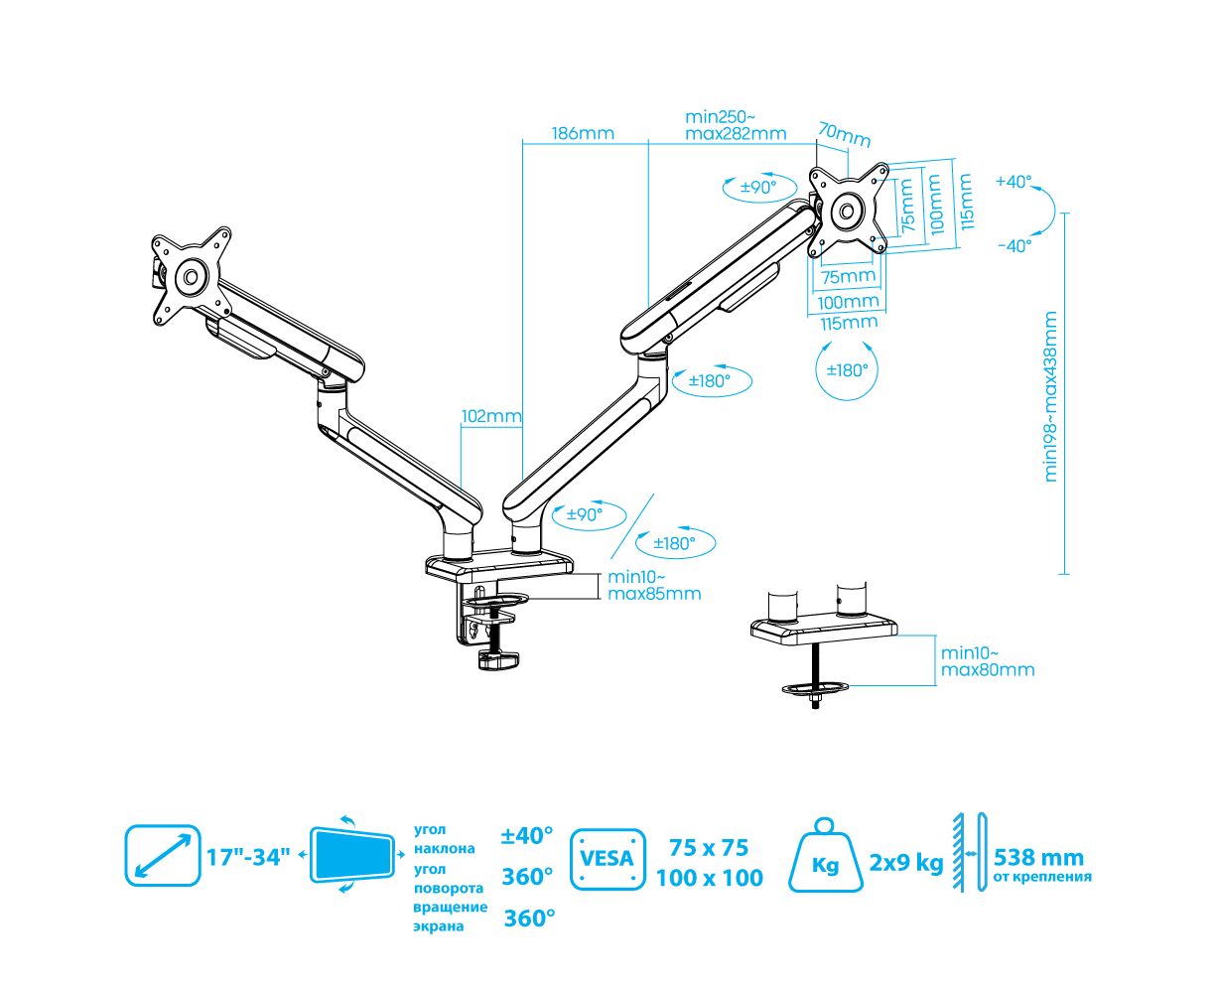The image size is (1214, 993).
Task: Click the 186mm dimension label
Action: [x=583, y=133]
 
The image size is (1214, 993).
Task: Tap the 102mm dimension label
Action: [x=490, y=417]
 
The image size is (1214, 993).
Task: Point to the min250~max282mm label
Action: [x=735, y=126]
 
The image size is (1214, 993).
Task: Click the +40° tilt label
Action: [x=1013, y=182]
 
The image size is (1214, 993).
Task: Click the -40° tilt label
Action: [x=1013, y=245]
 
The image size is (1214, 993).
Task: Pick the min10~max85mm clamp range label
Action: [x=654, y=586]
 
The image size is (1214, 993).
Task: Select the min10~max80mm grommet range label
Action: [x=987, y=661]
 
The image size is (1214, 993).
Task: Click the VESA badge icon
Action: [x=607, y=858]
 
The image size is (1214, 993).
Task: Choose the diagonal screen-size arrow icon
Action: [x=163, y=854]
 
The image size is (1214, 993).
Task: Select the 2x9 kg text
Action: [x=906, y=862]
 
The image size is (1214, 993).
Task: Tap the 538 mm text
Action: [x=1039, y=857]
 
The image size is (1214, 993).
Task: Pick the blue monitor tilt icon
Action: [x=351, y=854]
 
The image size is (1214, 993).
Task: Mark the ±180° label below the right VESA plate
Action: [x=847, y=369]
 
